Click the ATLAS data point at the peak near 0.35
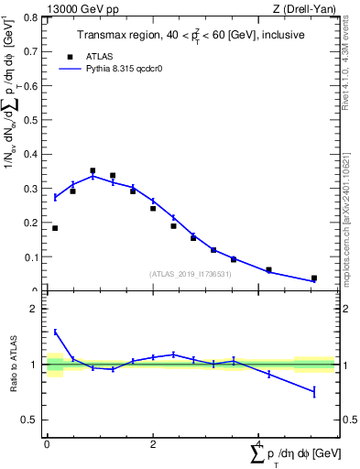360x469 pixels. click(x=93, y=170)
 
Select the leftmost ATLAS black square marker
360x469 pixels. click(x=55, y=228)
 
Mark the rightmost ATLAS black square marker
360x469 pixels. click(x=314, y=278)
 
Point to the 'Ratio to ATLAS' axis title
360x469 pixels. click(x=13, y=365)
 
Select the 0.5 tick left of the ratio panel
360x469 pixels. click(x=33, y=420)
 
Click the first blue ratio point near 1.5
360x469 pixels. click(x=55, y=332)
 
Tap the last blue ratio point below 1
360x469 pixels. click(x=314, y=392)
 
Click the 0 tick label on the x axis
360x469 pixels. click(x=47, y=443)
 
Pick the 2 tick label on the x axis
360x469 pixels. click(x=153, y=443)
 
